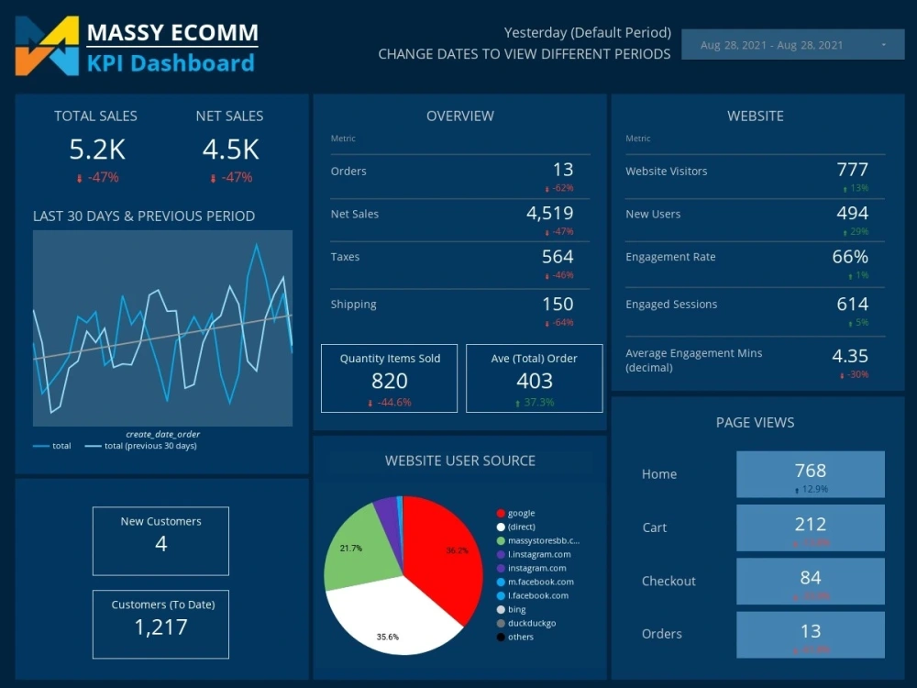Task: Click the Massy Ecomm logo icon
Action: tap(47, 46)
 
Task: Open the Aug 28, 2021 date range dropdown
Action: tap(792, 45)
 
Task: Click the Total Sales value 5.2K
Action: tap(97, 150)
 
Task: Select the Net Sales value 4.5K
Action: tap(230, 150)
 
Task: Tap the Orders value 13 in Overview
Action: tap(562, 170)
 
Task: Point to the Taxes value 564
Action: tap(557, 257)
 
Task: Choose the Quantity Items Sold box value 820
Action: tap(389, 381)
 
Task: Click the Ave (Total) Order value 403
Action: tap(534, 381)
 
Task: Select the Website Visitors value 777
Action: tap(852, 170)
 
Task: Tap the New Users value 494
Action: tap(852, 214)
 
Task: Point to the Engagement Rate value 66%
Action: tap(849, 257)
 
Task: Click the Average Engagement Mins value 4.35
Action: tap(849, 356)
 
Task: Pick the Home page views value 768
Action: tap(810, 471)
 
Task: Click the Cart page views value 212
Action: tap(810, 525)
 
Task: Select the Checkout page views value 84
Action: tap(810, 578)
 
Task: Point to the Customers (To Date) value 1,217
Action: tap(160, 627)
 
